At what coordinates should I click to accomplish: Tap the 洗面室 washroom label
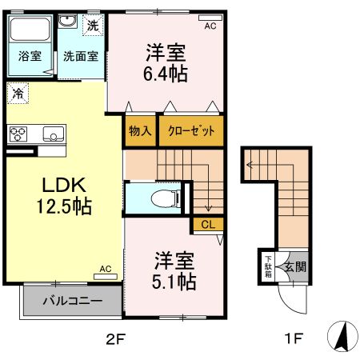coord(80,56)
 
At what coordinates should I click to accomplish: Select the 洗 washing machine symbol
coord(94,24)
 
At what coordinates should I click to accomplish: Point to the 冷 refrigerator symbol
coord(17,93)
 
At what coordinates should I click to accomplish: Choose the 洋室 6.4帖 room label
coord(166,62)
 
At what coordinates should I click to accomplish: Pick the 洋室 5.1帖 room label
coord(174,270)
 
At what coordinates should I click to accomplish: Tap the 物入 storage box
coord(140,131)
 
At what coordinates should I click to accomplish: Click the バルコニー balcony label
coord(72,302)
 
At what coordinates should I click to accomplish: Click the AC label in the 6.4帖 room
coord(210,26)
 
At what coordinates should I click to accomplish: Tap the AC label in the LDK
coord(106,270)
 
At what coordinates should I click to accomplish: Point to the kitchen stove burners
coord(18,133)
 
